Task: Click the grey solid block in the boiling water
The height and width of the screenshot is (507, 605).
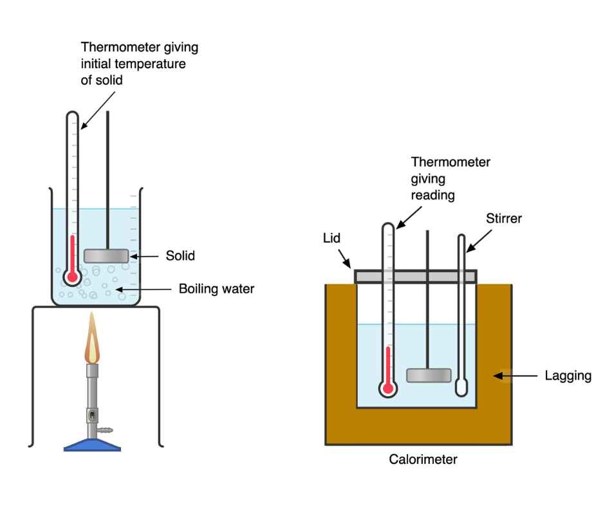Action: tap(106, 255)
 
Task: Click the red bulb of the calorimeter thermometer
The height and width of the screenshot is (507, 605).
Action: tap(387, 387)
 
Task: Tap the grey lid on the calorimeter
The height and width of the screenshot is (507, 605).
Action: tap(416, 276)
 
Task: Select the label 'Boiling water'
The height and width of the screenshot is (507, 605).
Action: tap(216, 289)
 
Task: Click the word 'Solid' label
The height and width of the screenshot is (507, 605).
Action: tap(180, 256)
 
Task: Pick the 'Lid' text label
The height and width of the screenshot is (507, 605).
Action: tap(332, 237)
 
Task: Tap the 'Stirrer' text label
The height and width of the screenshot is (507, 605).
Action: tap(503, 219)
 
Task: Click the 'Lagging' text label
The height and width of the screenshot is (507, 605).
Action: tap(568, 375)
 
